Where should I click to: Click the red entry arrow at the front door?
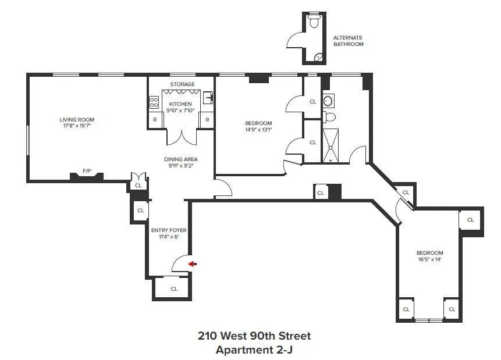pos(193,264)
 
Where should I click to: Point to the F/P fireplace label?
pos(87,171)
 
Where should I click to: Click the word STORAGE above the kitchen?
pos(182,84)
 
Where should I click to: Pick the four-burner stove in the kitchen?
pos(154,102)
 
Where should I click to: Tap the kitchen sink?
pos(207,97)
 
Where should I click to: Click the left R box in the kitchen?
pos(154,120)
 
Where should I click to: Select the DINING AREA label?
pos(180,159)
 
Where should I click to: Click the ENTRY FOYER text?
pos(168,230)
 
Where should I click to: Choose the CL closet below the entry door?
pos(173,288)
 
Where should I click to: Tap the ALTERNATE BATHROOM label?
pos(348,41)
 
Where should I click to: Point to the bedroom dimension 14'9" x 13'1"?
pos(258,129)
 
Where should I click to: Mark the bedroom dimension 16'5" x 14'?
pos(429,259)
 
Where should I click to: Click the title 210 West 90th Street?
pos(254,336)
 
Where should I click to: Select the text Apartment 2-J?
pos(254,350)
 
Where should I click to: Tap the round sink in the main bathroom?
pos(328,101)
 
